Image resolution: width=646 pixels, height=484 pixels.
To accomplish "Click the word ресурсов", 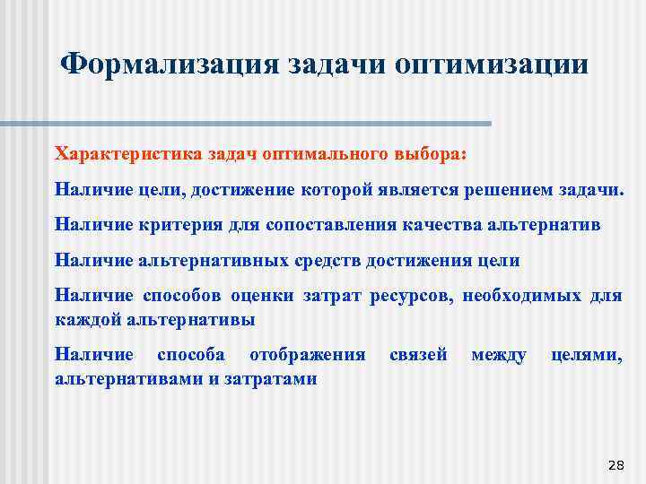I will pos(414,296).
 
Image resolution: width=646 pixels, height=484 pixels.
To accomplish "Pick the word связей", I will pos(418,355).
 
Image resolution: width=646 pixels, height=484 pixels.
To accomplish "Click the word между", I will pos(499,355).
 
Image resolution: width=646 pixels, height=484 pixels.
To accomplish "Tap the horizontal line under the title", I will pos(269,123).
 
